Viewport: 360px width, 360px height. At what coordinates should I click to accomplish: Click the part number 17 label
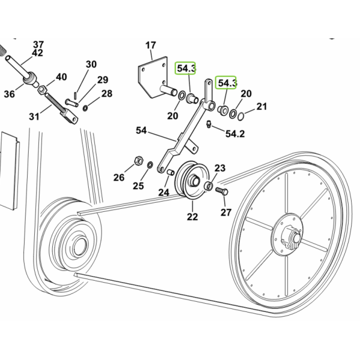pyautogui.click(x=151, y=45)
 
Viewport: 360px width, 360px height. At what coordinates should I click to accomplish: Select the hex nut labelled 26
pyautogui.click(x=138, y=160)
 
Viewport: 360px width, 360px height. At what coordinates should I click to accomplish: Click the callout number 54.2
pyautogui.click(x=235, y=134)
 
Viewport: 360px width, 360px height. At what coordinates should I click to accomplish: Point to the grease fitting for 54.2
pyautogui.click(x=208, y=124)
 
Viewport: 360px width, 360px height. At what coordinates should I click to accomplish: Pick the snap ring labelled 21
pyautogui.click(x=241, y=116)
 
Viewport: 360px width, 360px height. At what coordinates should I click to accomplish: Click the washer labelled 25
pyautogui.click(x=150, y=164)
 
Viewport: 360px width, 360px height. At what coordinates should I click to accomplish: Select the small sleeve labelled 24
pyautogui.click(x=170, y=172)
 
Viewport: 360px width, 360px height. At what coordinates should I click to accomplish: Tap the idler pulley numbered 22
pyautogui.click(x=192, y=180)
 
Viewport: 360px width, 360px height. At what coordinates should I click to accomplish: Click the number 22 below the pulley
pyautogui.click(x=193, y=217)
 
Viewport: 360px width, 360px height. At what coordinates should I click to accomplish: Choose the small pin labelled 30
pyautogui.click(x=76, y=95)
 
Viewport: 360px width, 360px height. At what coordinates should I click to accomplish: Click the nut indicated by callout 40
pyautogui.click(x=42, y=89)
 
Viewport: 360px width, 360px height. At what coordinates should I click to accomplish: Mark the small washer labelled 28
pyautogui.click(x=85, y=107)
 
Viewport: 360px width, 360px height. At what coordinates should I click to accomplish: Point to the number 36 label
pyautogui.click(x=10, y=94)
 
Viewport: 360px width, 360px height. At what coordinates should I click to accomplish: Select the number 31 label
pyautogui.click(x=34, y=117)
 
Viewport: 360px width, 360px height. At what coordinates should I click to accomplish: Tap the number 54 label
pyautogui.click(x=141, y=130)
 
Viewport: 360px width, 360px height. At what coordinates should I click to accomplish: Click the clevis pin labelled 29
pyautogui.click(x=72, y=103)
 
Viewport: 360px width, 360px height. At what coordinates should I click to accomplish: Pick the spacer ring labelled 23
pyautogui.click(x=208, y=185)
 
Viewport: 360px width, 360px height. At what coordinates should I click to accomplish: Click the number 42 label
pyautogui.click(x=37, y=53)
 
